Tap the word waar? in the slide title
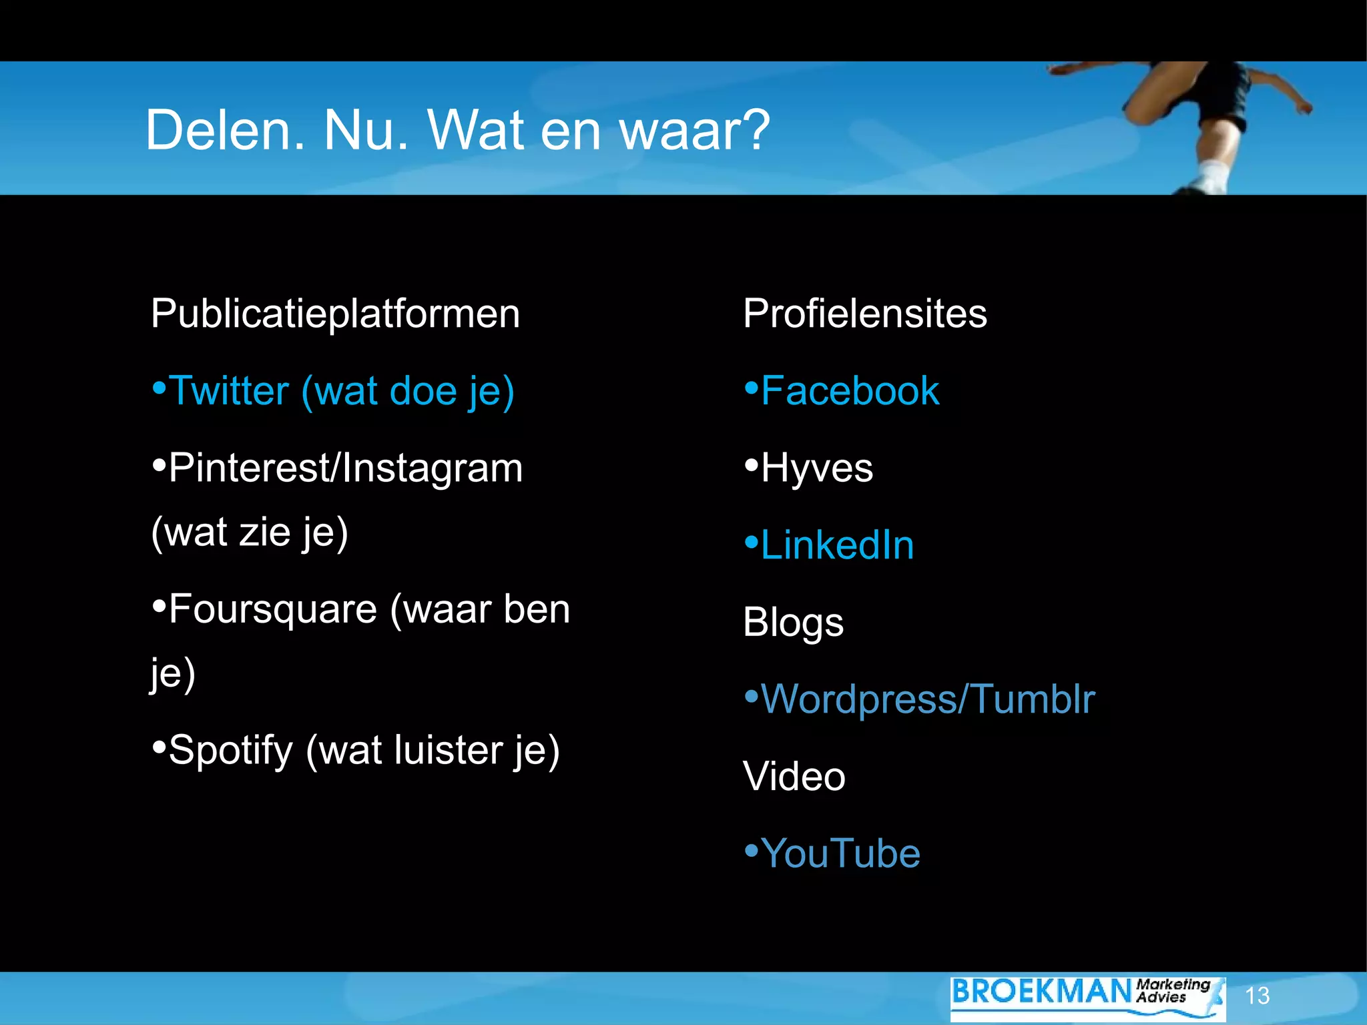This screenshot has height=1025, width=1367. [x=695, y=130]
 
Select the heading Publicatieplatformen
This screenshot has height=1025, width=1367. [x=335, y=314]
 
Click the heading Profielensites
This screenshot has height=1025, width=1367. [x=864, y=314]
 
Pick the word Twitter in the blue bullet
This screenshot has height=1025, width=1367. [x=229, y=391]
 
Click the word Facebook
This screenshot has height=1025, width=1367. [x=850, y=391]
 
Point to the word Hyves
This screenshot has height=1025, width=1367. [x=816, y=468]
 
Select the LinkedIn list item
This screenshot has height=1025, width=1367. [x=836, y=545]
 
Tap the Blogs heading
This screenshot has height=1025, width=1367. [x=793, y=623]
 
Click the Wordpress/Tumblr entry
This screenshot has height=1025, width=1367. [x=927, y=699]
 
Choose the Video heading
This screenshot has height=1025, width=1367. [x=794, y=777]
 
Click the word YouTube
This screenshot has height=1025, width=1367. [x=840, y=853]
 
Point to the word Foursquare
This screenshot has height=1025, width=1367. [x=273, y=610]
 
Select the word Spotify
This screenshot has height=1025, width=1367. [x=231, y=751]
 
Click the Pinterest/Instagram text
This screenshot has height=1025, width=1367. [x=345, y=468]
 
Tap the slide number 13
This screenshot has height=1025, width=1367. [x=1257, y=996]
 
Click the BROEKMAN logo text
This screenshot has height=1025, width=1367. [x=1041, y=992]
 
